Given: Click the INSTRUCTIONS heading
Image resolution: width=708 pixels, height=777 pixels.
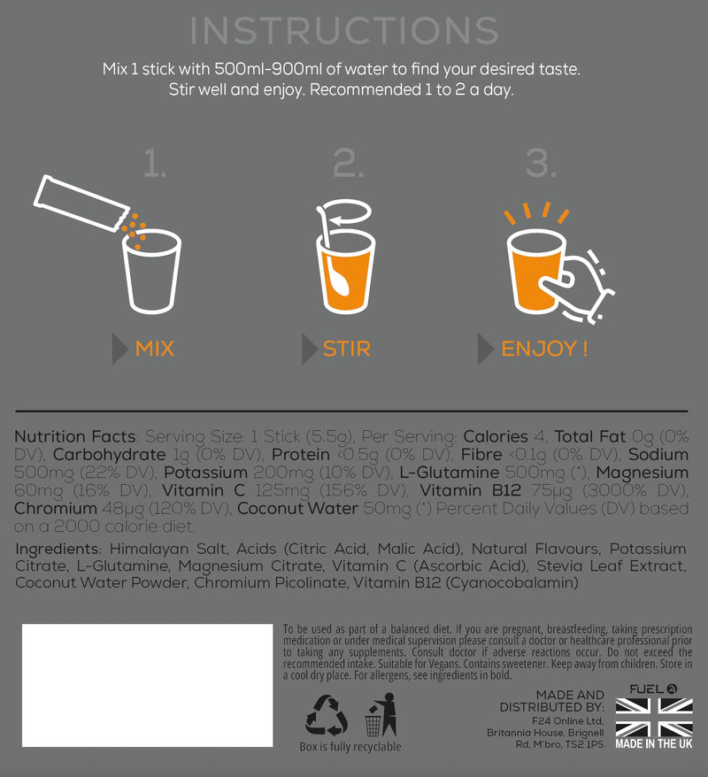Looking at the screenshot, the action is [x=344, y=31].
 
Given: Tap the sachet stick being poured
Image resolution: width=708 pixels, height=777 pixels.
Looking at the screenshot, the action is [x=81, y=203].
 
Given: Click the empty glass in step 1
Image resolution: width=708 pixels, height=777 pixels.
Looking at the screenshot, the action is [x=151, y=272].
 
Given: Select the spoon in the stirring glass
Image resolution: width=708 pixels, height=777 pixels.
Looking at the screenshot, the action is [x=334, y=258].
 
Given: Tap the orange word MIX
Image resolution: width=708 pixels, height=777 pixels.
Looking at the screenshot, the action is [x=155, y=349].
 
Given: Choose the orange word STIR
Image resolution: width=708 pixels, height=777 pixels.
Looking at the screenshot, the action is [x=347, y=349].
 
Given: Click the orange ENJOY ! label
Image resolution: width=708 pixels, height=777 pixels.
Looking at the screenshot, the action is [x=544, y=349].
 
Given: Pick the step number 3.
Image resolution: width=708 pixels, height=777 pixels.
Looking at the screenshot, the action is [x=541, y=164].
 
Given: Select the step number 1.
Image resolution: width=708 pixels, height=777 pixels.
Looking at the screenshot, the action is [x=155, y=164].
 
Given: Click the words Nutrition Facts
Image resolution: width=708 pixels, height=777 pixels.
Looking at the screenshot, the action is [x=75, y=436].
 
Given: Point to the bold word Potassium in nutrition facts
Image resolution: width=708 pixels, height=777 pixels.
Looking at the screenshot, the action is [x=205, y=473].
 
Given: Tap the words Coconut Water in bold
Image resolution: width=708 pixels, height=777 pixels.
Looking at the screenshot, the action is [x=297, y=509].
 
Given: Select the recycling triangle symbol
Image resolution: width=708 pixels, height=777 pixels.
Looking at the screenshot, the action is [x=326, y=715].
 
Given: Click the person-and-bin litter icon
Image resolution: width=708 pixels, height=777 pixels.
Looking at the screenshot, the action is [x=381, y=714].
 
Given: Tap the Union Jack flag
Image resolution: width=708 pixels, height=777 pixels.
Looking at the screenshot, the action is [x=654, y=718].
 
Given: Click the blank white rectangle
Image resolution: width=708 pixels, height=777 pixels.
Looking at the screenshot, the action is [x=147, y=685].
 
